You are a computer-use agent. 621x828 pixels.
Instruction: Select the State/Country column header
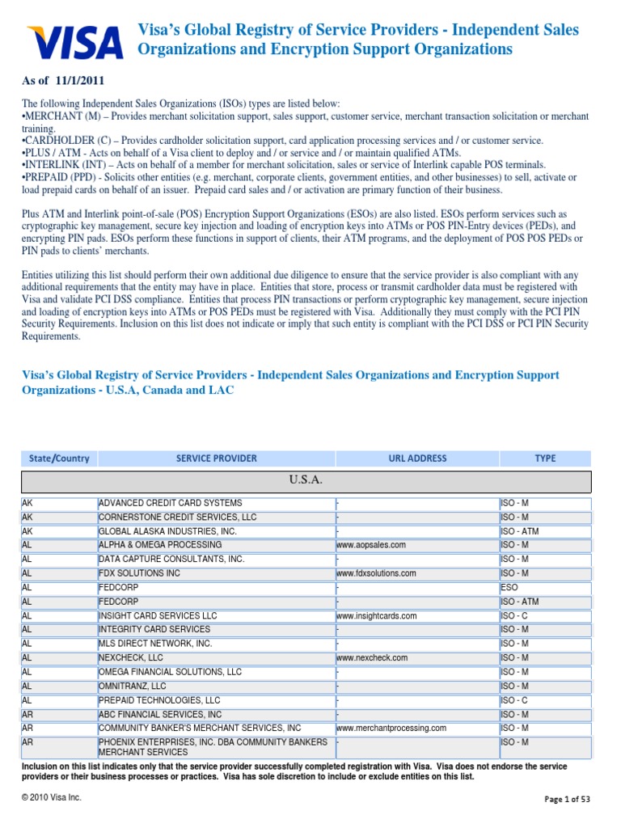[x=59, y=458]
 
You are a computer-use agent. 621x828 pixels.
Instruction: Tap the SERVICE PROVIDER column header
[x=216, y=458]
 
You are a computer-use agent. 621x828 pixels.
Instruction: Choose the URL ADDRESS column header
[x=417, y=458]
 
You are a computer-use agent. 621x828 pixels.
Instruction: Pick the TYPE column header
[x=545, y=458]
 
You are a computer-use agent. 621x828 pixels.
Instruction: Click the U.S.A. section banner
[x=306, y=481]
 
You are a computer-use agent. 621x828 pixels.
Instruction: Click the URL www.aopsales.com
[x=371, y=545]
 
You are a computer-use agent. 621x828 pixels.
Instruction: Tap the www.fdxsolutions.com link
[x=376, y=573]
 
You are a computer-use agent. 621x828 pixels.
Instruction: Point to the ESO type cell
[x=509, y=587]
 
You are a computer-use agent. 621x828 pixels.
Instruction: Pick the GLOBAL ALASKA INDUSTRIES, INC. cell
[x=167, y=531]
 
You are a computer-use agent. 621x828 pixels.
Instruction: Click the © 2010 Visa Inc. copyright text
[x=52, y=797]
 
